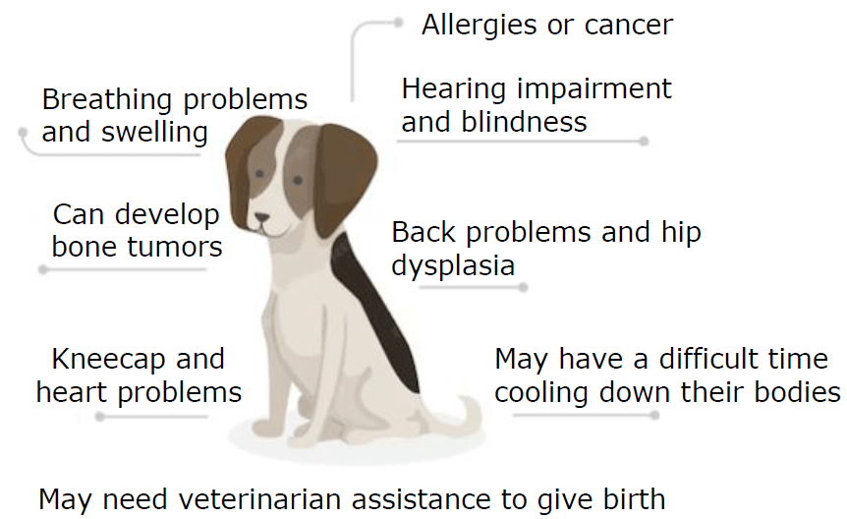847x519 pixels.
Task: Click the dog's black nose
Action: click(262, 217)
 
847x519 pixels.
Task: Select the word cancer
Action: click(629, 26)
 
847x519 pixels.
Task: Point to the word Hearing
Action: click(454, 89)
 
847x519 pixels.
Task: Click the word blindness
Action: click(524, 122)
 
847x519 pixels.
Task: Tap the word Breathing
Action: click(107, 100)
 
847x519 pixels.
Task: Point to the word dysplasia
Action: click(453, 266)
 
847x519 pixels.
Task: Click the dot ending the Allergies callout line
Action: click(399, 23)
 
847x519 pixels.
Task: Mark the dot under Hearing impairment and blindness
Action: click(644, 142)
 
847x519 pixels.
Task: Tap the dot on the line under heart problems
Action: click(100, 417)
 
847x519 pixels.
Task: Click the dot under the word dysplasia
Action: click(523, 288)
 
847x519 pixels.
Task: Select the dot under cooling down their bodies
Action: click(654, 415)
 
